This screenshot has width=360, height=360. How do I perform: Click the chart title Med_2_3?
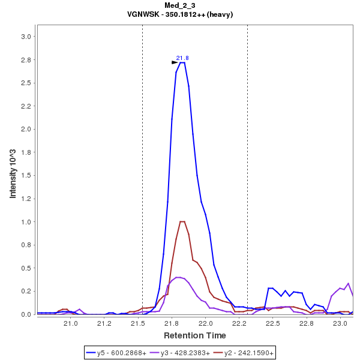coord(180,5)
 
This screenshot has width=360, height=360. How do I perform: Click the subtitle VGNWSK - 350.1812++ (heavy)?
coord(180,14)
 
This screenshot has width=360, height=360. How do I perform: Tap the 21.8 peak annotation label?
coord(182,58)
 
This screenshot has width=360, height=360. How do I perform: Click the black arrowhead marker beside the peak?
coord(175,62)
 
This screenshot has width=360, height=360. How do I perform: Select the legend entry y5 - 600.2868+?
coord(122,353)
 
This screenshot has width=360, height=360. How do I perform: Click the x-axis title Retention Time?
coord(195,335)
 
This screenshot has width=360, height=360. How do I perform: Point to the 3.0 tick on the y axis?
coord(26,37)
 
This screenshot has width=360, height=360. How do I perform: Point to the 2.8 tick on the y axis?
coord(26,60)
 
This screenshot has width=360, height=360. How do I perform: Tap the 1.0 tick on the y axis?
coord(26,222)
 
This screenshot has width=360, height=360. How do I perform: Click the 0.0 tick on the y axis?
coord(26,314)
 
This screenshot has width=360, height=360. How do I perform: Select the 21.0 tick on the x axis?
coord(71,323)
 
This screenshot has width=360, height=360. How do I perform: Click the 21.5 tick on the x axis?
coord(139,323)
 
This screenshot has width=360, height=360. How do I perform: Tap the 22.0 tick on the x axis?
coord(206,323)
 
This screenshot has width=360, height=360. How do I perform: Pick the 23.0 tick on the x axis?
coord(340,323)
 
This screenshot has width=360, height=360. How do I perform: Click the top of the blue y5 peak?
coord(182,62)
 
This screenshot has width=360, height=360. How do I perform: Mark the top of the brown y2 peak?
coord(182,221)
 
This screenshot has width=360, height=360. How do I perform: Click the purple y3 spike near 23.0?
coord(348,283)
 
